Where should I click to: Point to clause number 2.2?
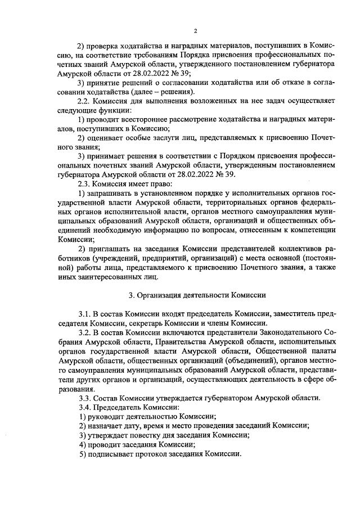[x=85, y=102]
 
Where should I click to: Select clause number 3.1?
[x=85, y=313]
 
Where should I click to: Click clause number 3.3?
[x=85, y=398]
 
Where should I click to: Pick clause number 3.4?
[x=85, y=407]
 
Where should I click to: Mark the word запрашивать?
[x=111, y=193]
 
